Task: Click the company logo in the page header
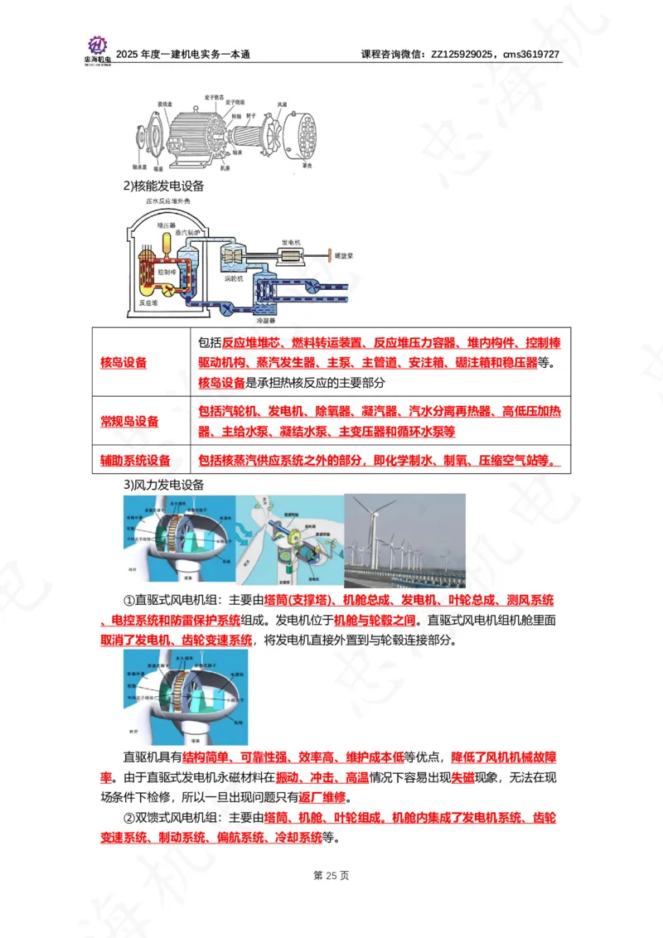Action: [x=97, y=50]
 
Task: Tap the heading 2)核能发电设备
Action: [x=164, y=186]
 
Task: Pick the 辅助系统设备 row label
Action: [x=135, y=461]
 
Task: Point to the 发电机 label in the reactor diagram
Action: [x=291, y=241]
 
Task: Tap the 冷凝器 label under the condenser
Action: [x=265, y=319]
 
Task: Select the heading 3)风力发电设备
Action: [x=164, y=485]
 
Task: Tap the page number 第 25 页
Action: [x=331, y=875]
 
